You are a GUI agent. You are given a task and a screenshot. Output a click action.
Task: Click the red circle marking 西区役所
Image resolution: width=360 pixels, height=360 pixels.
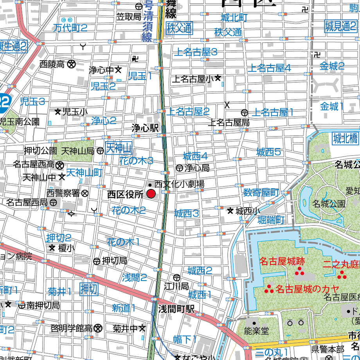pos(151,194)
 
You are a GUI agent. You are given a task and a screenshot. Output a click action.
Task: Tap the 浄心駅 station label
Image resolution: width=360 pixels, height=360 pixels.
pos(145,128)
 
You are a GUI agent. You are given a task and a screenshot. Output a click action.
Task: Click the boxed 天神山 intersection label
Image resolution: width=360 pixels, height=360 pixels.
pos(119,149)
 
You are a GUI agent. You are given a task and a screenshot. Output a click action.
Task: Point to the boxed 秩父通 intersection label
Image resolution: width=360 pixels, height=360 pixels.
pos(179,28)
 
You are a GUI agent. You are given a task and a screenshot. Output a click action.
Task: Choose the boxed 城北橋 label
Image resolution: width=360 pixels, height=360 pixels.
pos(345,138)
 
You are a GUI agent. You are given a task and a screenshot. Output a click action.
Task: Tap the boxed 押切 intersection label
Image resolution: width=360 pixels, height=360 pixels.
pos(89,289)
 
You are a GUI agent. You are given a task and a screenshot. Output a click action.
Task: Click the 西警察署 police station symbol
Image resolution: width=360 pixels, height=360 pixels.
pos(85,193)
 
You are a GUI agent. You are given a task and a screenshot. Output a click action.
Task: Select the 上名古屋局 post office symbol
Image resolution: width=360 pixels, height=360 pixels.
pos(245,113)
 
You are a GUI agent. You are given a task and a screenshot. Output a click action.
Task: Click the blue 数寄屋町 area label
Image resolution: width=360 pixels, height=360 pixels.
pos(261,193)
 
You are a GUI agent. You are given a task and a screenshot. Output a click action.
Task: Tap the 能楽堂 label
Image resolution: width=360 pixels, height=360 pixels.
pos(257,331)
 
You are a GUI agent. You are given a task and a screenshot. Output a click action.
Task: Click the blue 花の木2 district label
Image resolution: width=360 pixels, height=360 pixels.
pos(129,211)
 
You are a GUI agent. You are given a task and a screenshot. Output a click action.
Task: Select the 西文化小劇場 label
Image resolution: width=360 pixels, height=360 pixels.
pos(179,184)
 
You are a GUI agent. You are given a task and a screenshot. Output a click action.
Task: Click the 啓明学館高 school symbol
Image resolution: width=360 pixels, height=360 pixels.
pos(98,328)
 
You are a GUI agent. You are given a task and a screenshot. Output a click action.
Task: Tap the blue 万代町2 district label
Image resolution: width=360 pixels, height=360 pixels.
pos(70,27)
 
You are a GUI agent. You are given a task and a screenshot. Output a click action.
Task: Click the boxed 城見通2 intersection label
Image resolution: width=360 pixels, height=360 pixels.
pos(340,27)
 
